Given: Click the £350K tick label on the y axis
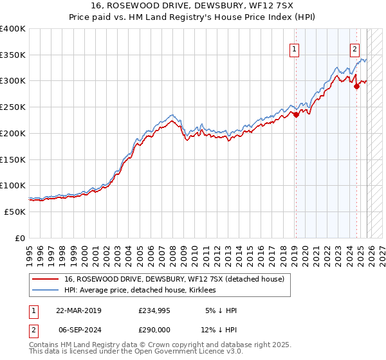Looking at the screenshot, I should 13,55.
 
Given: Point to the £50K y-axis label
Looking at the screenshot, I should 15,212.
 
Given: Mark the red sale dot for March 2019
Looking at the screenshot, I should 296,115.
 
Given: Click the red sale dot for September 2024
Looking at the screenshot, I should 357,86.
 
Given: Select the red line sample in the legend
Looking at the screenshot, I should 46,279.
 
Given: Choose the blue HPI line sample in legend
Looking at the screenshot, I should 46,290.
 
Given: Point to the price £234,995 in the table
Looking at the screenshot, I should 154,310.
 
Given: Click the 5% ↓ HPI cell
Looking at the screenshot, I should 221,310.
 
